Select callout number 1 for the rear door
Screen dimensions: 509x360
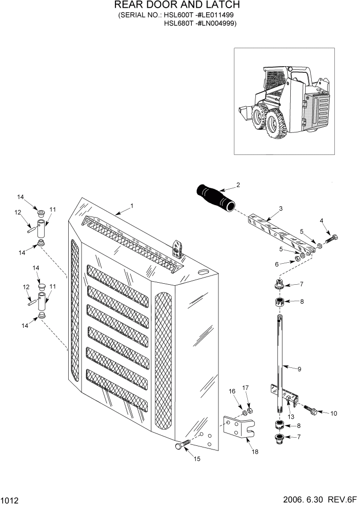132,206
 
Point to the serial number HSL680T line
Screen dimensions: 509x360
200,23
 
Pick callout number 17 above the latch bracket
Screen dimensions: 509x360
245,388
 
